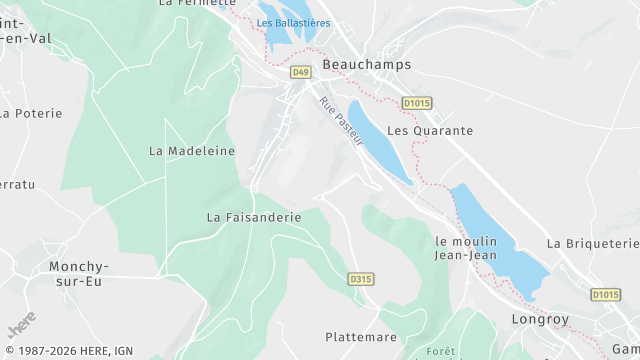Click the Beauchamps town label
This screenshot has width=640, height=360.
pos(367,64)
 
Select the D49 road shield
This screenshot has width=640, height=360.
pos(301,72)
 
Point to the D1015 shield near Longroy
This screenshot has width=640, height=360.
pos(605,294)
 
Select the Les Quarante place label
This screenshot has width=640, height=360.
pos(429,131)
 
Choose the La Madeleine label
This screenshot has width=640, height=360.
pos(192,151)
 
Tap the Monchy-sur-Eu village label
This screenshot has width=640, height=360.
pos(79,274)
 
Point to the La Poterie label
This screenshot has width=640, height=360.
pos(31,113)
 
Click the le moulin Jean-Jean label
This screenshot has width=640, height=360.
pos(468,248)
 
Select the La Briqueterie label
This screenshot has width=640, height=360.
pos(593,243)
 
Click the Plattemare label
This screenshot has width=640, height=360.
pos(361,337)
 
